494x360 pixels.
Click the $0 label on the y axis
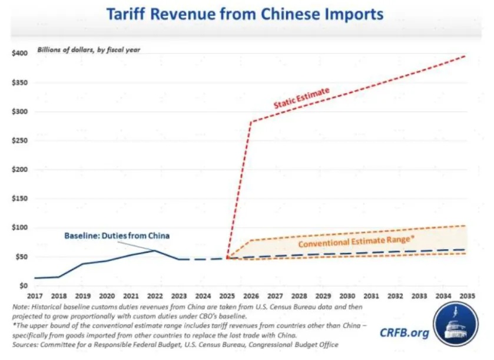point(23,285)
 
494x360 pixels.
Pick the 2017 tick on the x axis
point(35,295)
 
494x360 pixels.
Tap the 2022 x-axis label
point(154,295)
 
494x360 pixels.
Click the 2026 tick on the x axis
point(251,295)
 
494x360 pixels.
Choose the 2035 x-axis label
point(467,295)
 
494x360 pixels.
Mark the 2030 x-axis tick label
point(347,295)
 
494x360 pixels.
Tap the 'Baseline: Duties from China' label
point(117,236)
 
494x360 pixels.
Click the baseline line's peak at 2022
point(154,250)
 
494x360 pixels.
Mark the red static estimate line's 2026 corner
point(251,123)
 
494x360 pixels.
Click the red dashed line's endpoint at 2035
point(466,55)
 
